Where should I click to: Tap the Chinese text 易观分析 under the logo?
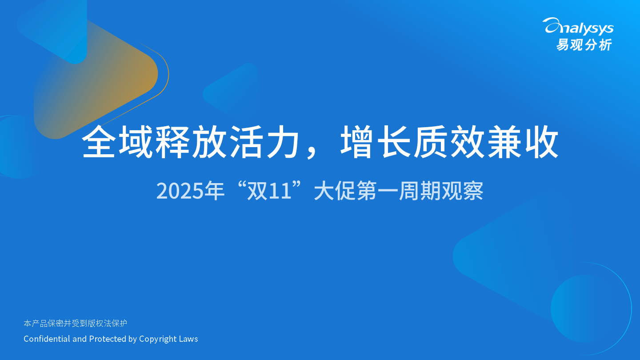(x=584, y=44)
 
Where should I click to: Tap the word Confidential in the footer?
(x=47, y=339)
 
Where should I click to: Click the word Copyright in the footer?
(x=158, y=339)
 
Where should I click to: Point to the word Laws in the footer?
(x=188, y=339)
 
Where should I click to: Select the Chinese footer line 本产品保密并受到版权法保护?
(x=75, y=324)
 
